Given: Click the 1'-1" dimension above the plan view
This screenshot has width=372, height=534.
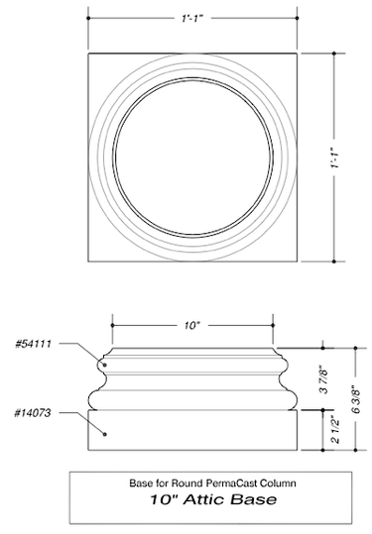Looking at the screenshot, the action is pos(192,18).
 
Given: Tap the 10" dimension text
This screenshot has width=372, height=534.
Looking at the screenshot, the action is pos(191,326).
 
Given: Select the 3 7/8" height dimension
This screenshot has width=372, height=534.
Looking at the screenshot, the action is pos(323,380).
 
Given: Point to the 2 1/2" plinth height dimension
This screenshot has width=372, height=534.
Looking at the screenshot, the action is pos(335,430).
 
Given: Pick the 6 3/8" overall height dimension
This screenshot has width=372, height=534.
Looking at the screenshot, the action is pos(356,399).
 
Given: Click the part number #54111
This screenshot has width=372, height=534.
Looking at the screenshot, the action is pos(33,344).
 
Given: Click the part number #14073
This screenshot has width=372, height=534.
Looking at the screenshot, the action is pos(33,413).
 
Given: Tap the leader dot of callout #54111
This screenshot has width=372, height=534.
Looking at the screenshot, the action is pos(105,365).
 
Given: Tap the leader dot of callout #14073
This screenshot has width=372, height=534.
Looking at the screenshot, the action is pos(105,434).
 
